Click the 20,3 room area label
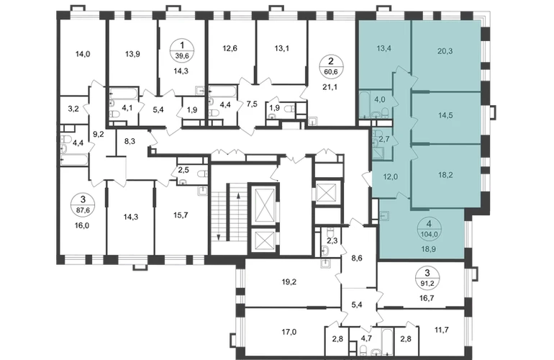[x=445, y=51]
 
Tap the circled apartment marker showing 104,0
[x=429, y=228]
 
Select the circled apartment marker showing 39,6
[x=182, y=50]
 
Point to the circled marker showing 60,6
[x=331, y=66]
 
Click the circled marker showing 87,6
[x=83, y=204]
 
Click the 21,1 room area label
[x=330, y=86]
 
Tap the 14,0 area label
[x=83, y=54]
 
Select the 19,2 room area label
[x=289, y=282]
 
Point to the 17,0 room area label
[x=289, y=332]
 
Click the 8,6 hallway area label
[x=357, y=258]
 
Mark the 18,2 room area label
[x=445, y=175]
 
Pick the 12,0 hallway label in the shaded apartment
[x=391, y=177]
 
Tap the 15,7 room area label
[x=181, y=215]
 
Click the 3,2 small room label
[x=73, y=109]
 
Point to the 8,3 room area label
[x=130, y=141]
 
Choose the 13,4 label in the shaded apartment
[x=384, y=48]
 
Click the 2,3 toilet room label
[x=332, y=240]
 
